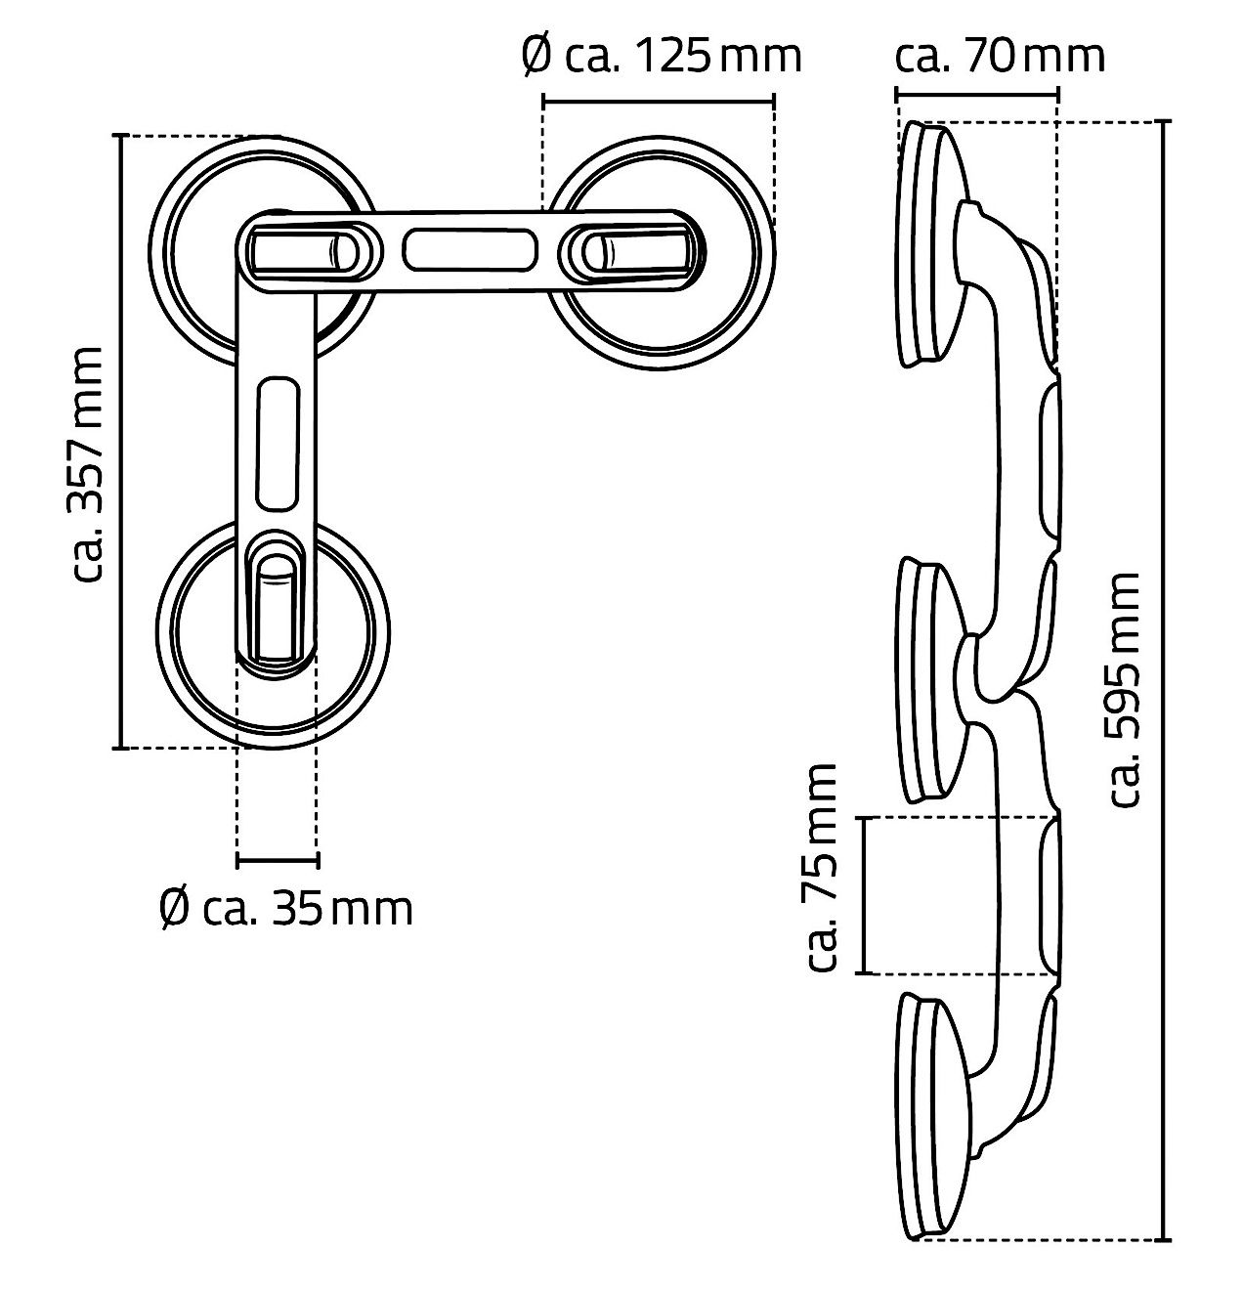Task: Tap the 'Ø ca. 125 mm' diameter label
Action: [662, 56]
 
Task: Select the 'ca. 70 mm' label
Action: [1000, 56]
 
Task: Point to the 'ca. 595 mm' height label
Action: [1125, 689]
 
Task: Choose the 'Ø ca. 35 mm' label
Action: [286, 909]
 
